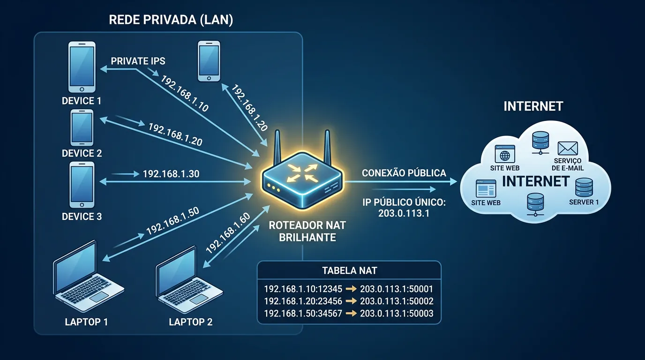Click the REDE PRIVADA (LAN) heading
(x=171, y=20)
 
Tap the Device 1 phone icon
(x=82, y=67)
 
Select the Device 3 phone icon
(x=82, y=185)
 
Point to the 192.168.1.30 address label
(x=171, y=174)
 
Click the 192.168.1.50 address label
(x=173, y=221)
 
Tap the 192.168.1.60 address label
(x=228, y=233)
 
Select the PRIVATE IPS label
(x=138, y=61)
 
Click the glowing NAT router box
(x=302, y=180)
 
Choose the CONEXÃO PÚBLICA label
(x=404, y=173)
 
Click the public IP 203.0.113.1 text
(x=404, y=213)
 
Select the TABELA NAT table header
(x=350, y=271)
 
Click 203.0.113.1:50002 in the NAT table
(x=397, y=301)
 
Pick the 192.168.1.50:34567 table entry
(x=303, y=313)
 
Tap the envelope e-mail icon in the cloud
(x=568, y=149)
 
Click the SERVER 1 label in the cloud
(x=584, y=202)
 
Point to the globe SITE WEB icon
(x=505, y=154)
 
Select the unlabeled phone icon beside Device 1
(x=209, y=61)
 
